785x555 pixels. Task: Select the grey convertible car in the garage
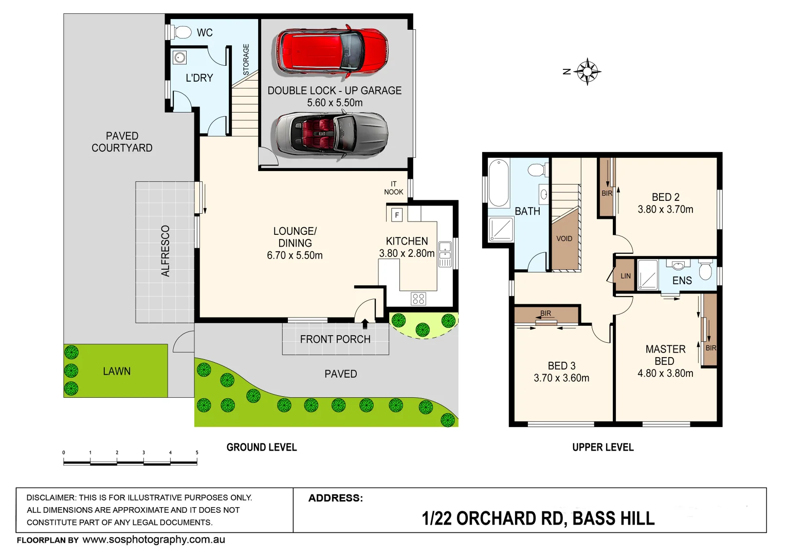tap(330, 134)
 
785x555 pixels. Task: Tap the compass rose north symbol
tap(587, 71)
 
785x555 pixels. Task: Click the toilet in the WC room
tap(181, 32)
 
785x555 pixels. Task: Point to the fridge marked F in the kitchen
tap(397, 215)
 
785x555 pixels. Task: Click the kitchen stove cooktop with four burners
tap(418, 299)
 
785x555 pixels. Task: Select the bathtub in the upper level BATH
tap(499, 182)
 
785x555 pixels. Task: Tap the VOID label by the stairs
tap(564, 238)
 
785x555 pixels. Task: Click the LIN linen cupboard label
tap(626, 276)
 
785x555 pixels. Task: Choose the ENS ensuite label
tap(682, 281)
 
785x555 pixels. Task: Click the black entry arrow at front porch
tap(365, 324)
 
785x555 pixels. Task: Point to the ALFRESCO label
tap(166, 251)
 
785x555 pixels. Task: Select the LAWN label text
tap(117, 371)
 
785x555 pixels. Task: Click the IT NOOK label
tap(394, 188)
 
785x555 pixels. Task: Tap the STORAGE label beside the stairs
tap(246, 60)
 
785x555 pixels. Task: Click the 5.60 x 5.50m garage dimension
tap(335, 103)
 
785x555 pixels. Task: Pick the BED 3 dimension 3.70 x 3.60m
tap(561, 378)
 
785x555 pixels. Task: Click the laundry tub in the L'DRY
tap(179, 57)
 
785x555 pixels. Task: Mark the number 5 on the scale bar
tap(197, 453)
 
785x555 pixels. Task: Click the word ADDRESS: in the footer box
tap(336, 498)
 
